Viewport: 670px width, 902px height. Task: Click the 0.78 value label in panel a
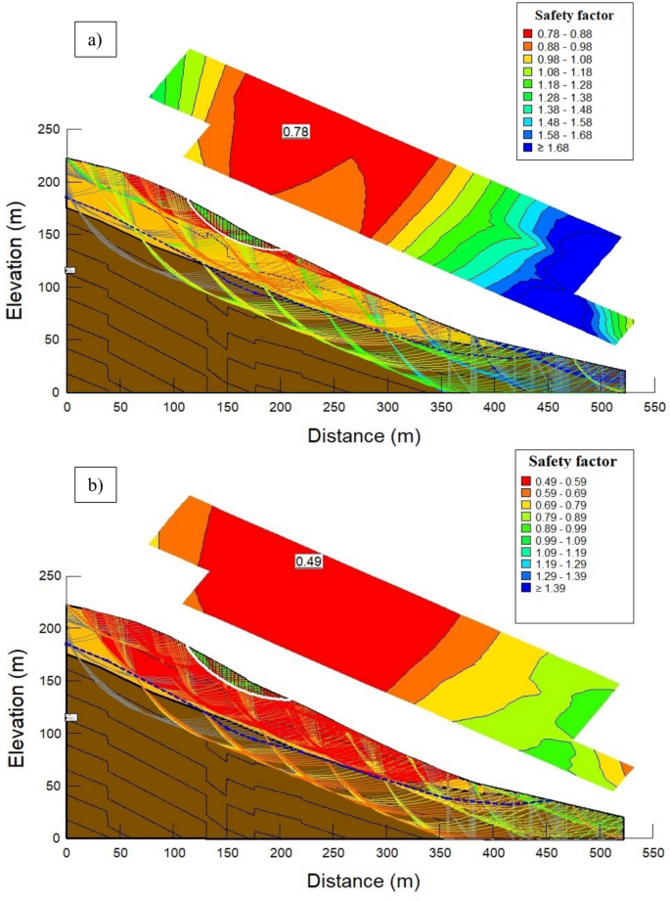click(x=295, y=130)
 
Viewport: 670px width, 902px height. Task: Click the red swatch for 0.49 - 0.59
click(x=535, y=481)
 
